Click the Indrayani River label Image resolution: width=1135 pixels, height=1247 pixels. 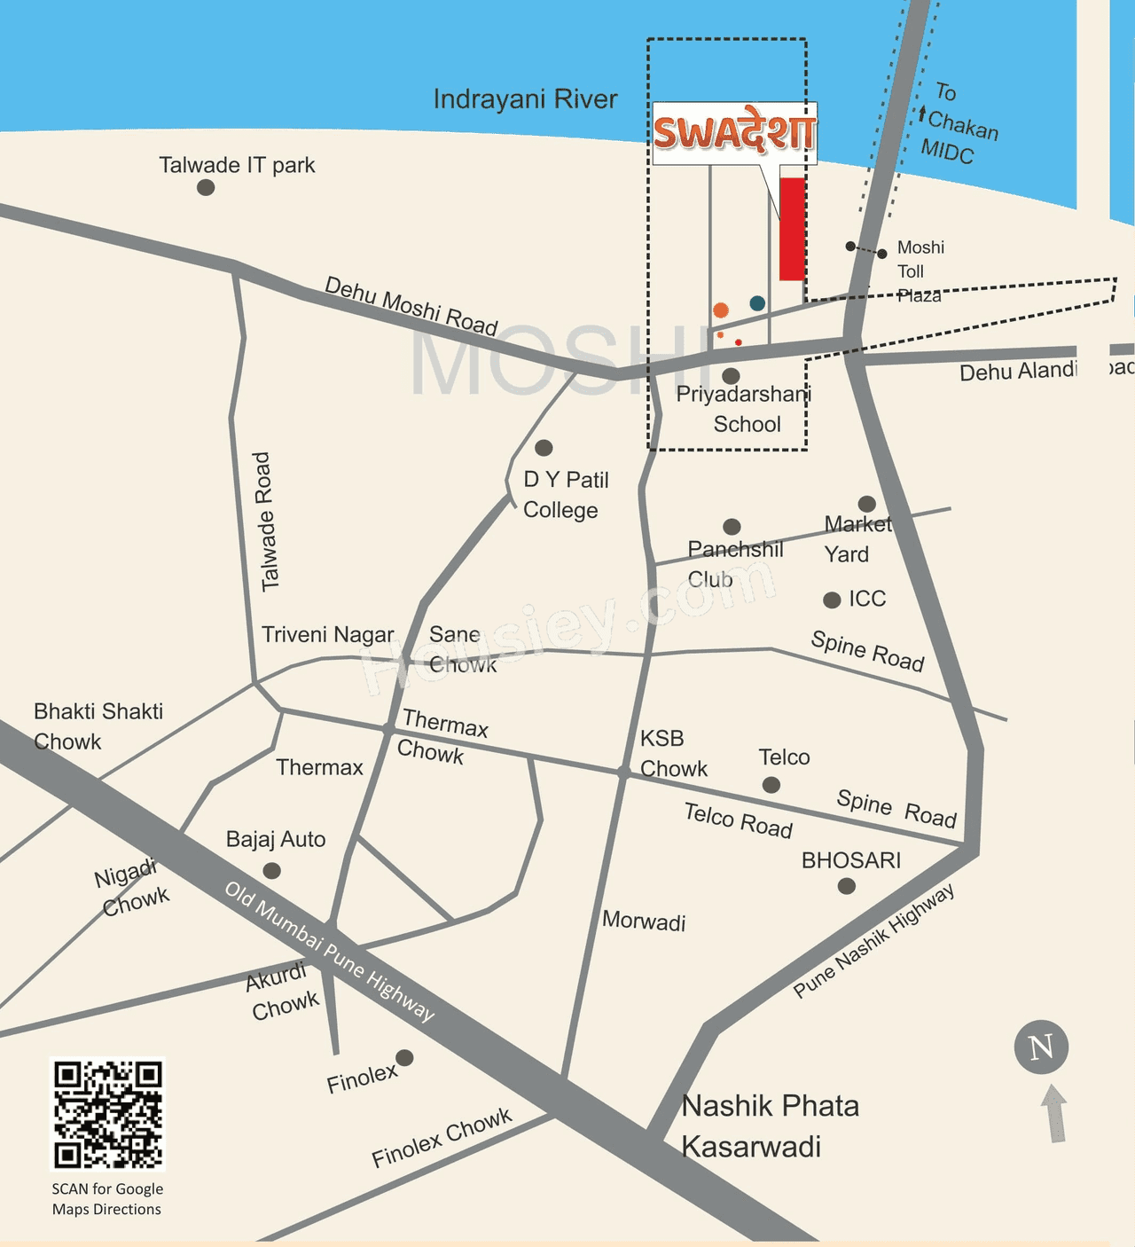point(525,99)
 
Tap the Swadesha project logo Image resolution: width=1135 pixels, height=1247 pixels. point(734,133)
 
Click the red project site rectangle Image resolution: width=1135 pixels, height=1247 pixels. point(792,229)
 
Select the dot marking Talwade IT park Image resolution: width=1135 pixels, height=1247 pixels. point(206,187)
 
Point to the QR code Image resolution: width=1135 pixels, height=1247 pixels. point(107,1114)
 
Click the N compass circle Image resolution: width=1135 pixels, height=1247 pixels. point(1041,1047)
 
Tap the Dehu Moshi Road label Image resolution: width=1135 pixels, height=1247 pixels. point(411,306)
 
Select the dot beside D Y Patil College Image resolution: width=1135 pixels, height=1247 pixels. point(544,448)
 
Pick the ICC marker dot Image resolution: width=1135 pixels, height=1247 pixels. point(832,600)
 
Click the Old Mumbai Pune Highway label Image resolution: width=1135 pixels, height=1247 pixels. point(329,951)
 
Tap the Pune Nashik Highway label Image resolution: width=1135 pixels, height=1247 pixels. point(873,940)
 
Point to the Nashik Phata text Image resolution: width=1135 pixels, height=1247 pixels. point(771,1106)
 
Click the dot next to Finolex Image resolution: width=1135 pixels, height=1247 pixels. point(404,1057)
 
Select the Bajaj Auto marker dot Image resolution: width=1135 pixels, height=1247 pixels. point(272,870)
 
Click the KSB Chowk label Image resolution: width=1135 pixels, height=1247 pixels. point(673,753)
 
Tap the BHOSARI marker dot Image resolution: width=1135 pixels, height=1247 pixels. point(847,885)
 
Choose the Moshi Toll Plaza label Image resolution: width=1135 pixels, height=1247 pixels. point(920,271)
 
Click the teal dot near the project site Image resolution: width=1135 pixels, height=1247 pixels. point(757,303)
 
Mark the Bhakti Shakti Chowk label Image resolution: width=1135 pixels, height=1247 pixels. point(98,725)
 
